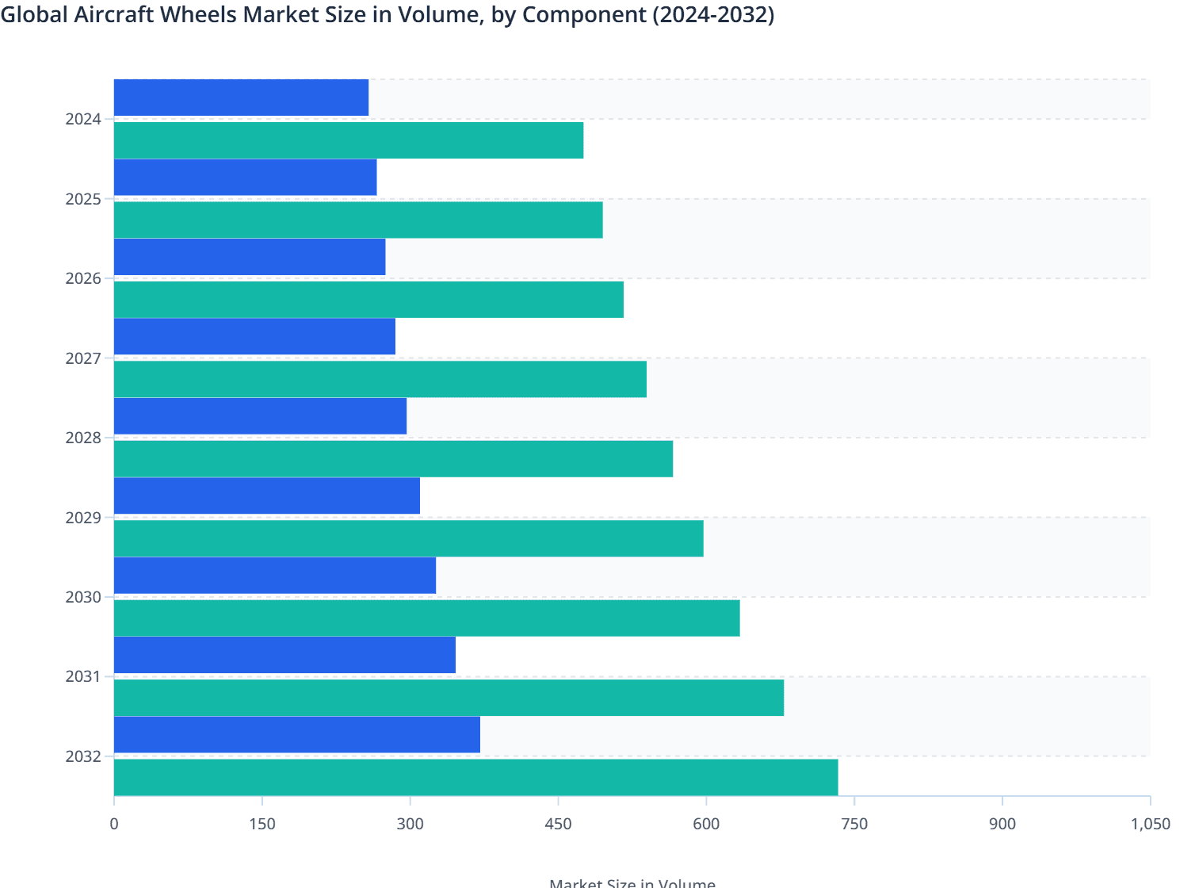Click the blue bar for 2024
coord(241,98)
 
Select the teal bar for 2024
coord(349,140)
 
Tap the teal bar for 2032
coord(475,777)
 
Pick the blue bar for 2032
coord(297,734)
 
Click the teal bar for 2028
coord(393,458)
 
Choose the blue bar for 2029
coord(267,496)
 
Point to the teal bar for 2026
coord(368,300)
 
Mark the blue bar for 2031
coord(284,655)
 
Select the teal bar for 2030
coord(426,618)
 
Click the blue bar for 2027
coord(254,336)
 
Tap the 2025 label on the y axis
coord(83,199)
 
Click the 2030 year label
coord(83,597)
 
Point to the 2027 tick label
coord(83,358)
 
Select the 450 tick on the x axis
coord(558,824)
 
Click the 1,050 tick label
coord(1150,824)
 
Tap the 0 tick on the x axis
coord(114,824)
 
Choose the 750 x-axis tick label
coord(854,824)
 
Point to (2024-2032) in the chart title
coord(712,14)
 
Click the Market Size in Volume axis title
coord(632,882)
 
